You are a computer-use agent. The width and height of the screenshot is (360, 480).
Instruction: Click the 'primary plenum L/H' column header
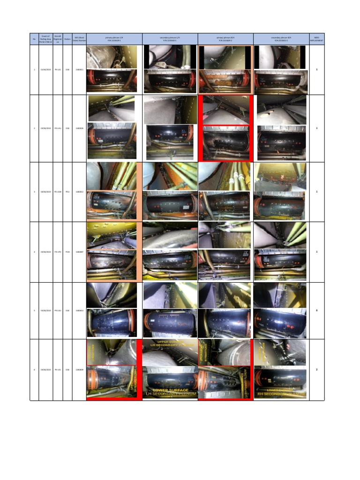[x=114, y=39]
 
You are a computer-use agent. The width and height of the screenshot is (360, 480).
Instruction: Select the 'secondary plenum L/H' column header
[x=170, y=39]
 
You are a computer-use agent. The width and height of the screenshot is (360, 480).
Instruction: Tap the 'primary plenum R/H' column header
[x=225, y=39]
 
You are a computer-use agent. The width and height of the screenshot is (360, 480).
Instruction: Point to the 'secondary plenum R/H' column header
[x=281, y=39]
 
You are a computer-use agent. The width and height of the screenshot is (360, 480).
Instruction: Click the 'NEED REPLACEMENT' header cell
[x=316, y=39]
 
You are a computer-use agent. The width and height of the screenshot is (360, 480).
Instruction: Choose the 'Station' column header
[x=67, y=39]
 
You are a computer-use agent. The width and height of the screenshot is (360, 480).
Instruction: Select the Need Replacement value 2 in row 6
[x=317, y=370]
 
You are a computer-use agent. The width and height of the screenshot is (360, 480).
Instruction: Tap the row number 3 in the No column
[x=34, y=192]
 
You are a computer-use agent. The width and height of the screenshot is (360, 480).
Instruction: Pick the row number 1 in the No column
[x=34, y=70]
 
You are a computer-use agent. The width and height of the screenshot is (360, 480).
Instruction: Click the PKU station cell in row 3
[x=67, y=192]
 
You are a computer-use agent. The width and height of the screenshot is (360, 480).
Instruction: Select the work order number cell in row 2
[x=79, y=128]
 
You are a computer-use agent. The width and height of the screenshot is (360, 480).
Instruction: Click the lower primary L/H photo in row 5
[x=112, y=323]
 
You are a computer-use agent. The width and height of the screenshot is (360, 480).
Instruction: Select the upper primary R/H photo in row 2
[x=226, y=109]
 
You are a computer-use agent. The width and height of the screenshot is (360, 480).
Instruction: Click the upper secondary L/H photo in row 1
[x=170, y=57]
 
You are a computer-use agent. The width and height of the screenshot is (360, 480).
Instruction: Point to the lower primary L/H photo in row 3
[x=112, y=205]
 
